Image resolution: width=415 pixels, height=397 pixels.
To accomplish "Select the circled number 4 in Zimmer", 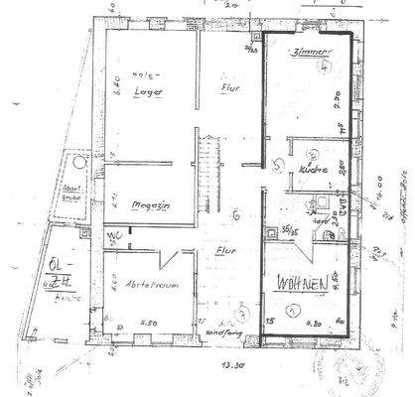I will click(327, 68).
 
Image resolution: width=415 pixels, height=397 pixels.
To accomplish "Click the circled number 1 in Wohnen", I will click(292, 309).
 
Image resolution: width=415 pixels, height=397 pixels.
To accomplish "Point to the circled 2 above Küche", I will click(314, 154).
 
